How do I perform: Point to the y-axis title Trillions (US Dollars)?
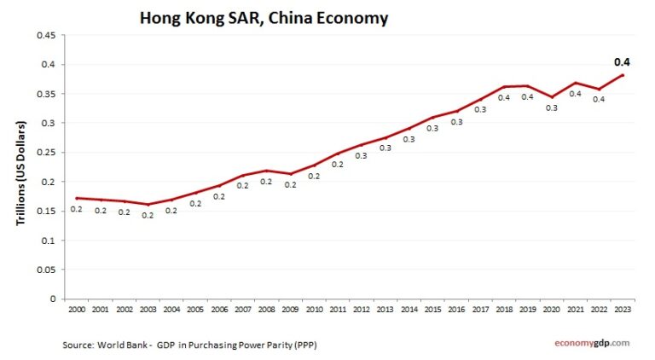[21, 173]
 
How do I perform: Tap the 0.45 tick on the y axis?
[45, 35]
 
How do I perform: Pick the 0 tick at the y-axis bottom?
[53, 299]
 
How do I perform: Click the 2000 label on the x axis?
[77, 310]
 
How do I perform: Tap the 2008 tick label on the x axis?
[267, 310]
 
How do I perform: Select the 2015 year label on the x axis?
[433, 310]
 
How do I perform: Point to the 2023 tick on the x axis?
[623, 310]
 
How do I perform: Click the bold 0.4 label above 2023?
[623, 62]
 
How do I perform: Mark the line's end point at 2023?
[623, 75]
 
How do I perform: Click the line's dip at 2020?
[553, 97]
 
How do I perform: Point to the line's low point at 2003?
[148, 205]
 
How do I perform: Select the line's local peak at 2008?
[267, 171]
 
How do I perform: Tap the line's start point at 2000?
[77, 198]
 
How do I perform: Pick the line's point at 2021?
[576, 83]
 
